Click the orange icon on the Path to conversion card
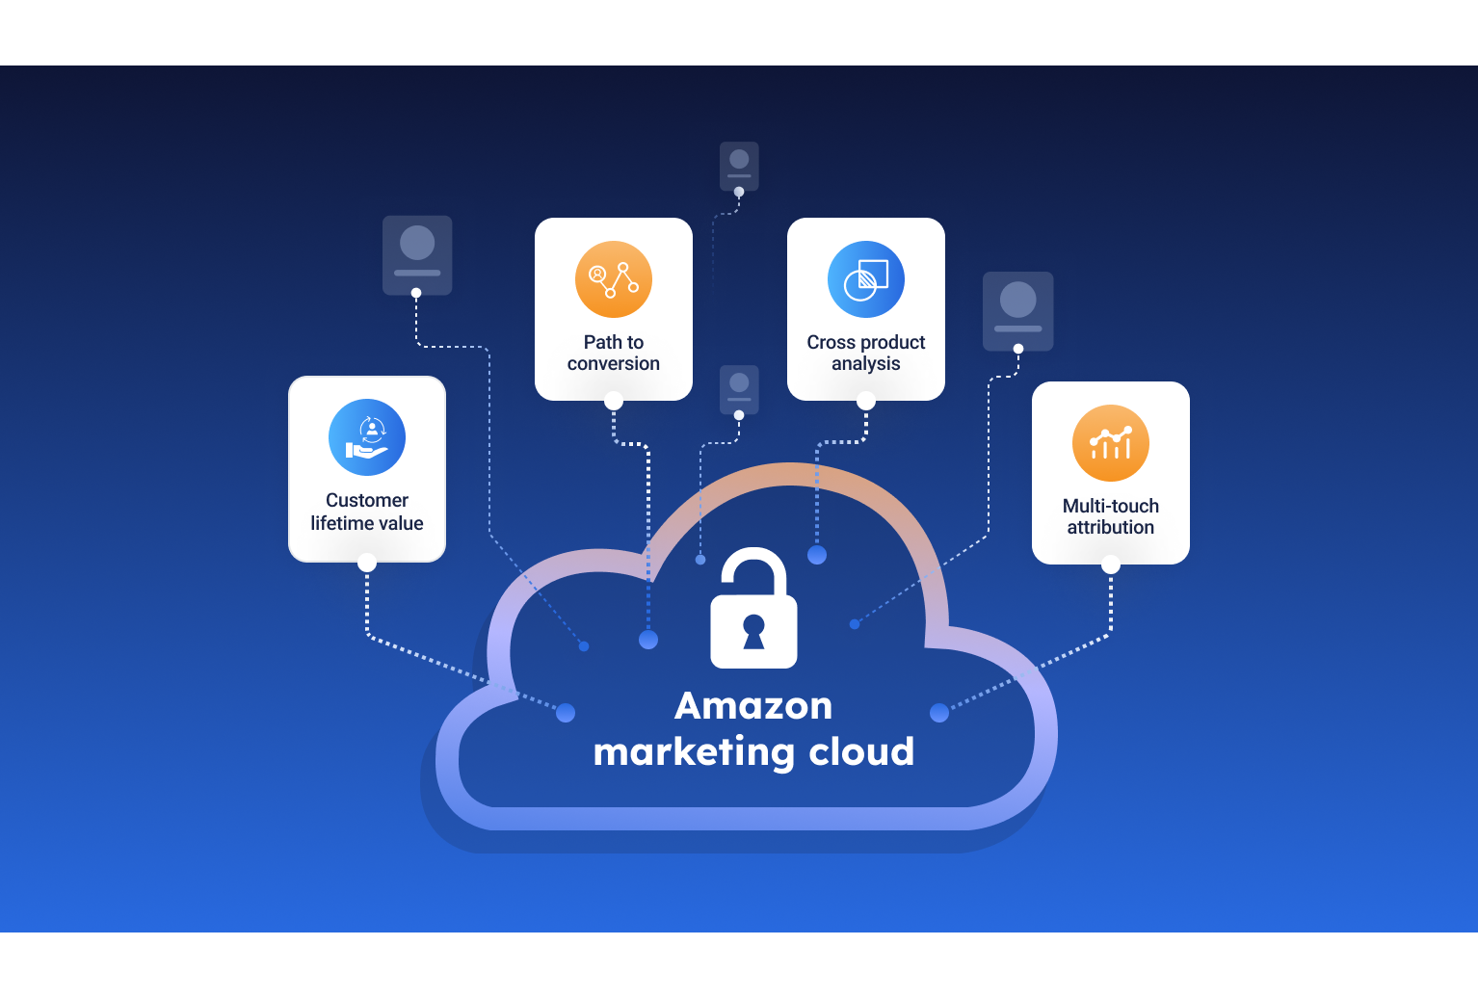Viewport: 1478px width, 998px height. (614, 279)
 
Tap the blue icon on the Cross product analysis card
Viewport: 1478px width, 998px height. (866, 279)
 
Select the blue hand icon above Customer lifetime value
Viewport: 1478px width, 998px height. (367, 437)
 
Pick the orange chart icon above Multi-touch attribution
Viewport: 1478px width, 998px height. (1111, 443)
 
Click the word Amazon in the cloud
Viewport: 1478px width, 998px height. (753, 706)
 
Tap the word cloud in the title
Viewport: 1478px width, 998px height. (861, 752)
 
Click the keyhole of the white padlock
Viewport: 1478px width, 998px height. (753, 632)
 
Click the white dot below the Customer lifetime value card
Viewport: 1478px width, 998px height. (367, 563)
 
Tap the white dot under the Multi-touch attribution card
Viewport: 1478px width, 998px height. (1111, 565)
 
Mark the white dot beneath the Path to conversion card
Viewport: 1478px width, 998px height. (614, 401)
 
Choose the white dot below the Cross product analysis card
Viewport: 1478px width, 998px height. (866, 401)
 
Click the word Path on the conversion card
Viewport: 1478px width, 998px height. (602, 342)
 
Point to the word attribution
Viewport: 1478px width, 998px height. (1111, 528)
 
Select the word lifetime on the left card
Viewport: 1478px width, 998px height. (340, 523)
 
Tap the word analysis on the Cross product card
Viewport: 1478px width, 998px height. (866, 364)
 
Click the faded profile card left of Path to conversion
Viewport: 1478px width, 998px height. (417, 254)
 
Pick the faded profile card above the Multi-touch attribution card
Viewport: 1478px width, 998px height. (1018, 310)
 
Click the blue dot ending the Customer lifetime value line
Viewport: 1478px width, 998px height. (566, 713)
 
